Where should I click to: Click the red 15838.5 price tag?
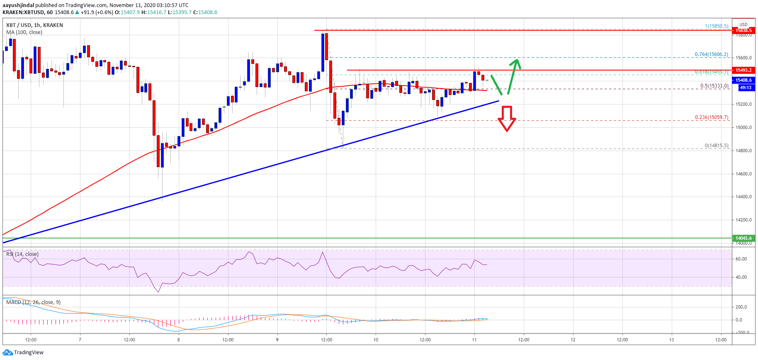click(x=743, y=30)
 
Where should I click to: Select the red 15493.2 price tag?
click(x=743, y=70)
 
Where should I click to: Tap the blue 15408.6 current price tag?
click(x=743, y=80)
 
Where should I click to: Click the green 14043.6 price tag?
click(x=743, y=238)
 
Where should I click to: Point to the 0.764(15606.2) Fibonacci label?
click(x=711, y=54)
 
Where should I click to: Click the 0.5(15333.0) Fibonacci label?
click(x=714, y=86)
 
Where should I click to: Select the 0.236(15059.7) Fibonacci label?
click(x=712, y=117)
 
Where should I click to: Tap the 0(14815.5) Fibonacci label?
click(x=716, y=146)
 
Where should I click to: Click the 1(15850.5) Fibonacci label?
click(x=716, y=26)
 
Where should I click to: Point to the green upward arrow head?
click(x=515, y=63)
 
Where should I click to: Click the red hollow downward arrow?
click(x=507, y=119)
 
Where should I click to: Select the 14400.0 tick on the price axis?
click(x=743, y=197)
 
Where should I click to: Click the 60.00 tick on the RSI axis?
click(x=741, y=259)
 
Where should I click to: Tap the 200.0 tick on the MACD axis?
click(x=741, y=307)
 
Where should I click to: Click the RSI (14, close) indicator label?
click(x=22, y=254)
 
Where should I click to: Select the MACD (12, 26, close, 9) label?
click(x=33, y=302)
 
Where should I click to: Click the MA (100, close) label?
click(x=24, y=32)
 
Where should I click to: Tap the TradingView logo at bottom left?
click(x=23, y=353)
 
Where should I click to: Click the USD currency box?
click(x=743, y=24)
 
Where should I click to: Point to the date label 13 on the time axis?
click(x=671, y=340)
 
